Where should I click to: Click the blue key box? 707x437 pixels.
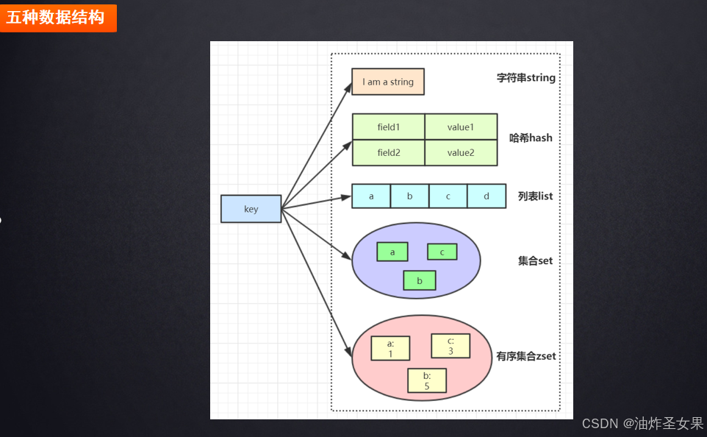click(251, 209)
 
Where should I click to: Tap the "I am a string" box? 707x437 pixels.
click(388, 82)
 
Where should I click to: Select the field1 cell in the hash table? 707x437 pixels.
click(388, 127)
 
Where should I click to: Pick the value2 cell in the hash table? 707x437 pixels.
click(461, 153)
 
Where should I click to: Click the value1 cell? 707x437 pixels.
click(461, 127)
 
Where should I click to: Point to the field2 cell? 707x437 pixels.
click(388, 153)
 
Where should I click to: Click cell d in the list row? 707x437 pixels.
click(487, 196)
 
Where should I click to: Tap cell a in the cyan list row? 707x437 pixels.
click(371, 196)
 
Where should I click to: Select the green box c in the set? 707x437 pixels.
click(442, 252)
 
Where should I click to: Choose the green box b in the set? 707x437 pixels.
click(420, 280)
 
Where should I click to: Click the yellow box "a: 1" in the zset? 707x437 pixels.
click(390, 349)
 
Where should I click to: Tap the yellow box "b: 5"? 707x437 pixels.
click(427, 381)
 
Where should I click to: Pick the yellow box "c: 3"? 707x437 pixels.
click(451, 346)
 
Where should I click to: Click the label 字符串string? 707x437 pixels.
click(526, 78)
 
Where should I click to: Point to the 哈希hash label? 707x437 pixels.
click(531, 138)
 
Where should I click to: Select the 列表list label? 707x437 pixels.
click(535, 196)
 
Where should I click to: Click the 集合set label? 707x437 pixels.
click(535, 260)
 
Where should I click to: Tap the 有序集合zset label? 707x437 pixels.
click(526, 356)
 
